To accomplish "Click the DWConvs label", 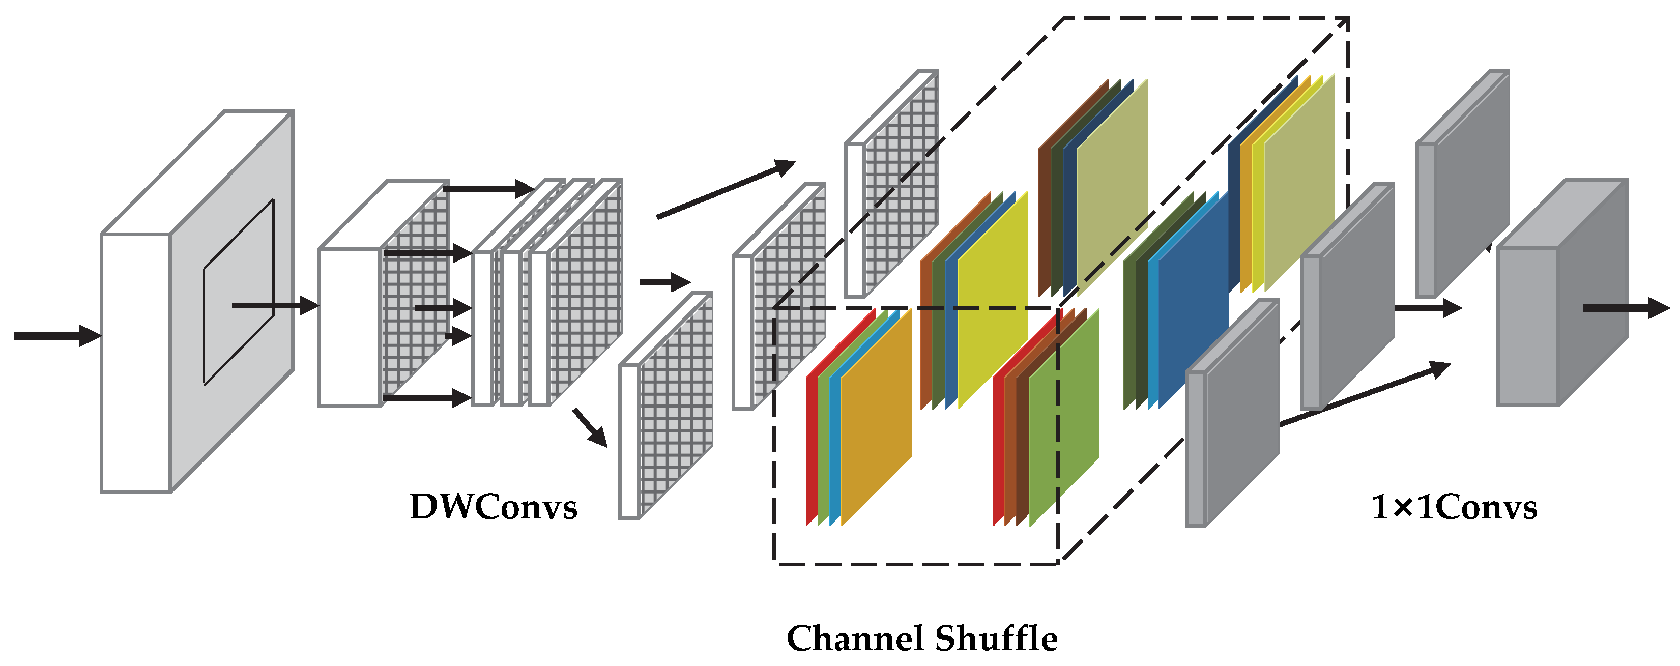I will pyautogui.click(x=493, y=507).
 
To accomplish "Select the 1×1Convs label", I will pyautogui.click(x=1454, y=507).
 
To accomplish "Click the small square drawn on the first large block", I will pyautogui.click(x=239, y=292).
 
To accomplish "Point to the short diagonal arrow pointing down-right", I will pyautogui.click(x=590, y=428).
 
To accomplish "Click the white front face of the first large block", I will pyautogui.click(x=135, y=362).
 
